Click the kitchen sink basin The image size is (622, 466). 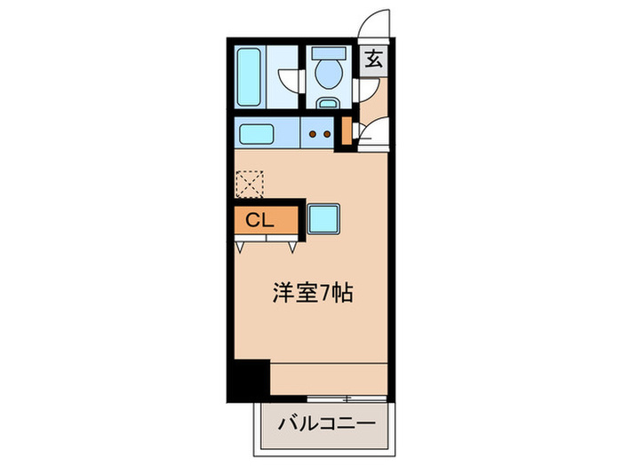coord(256,135)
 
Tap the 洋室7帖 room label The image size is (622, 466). coord(312,293)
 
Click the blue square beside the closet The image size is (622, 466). coord(323,218)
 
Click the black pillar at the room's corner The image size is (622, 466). coord(247,379)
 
